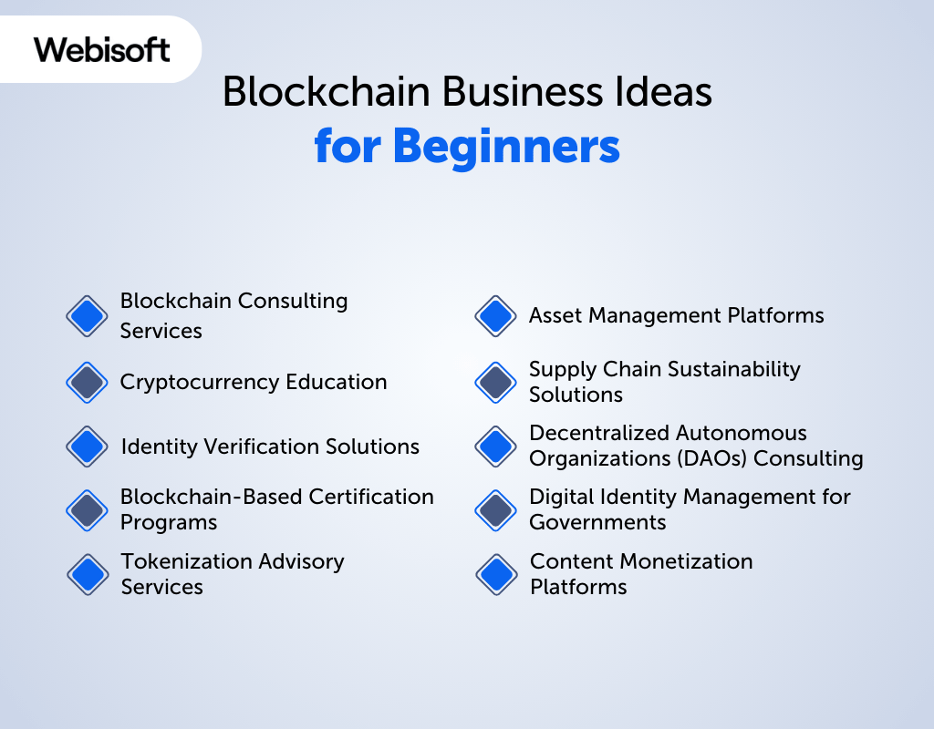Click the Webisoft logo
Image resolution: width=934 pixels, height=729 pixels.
click(x=101, y=49)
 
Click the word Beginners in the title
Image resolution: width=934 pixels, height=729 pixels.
click(x=507, y=146)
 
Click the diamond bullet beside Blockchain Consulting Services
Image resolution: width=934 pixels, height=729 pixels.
click(x=88, y=316)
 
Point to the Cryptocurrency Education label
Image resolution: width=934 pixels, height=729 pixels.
click(x=254, y=382)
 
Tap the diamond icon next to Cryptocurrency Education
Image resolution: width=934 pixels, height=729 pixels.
click(x=88, y=382)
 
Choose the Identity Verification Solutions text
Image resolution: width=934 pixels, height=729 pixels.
click(x=270, y=447)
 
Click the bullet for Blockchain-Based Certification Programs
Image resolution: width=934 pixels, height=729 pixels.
click(x=88, y=510)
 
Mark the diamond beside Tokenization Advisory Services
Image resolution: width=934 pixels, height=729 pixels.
click(x=88, y=574)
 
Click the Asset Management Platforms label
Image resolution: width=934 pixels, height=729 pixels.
click(x=676, y=316)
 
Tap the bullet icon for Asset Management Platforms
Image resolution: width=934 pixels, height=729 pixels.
click(x=496, y=316)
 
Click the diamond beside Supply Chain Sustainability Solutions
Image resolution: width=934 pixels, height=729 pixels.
click(x=496, y=382)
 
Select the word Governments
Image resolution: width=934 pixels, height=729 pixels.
click(x=597, y=523)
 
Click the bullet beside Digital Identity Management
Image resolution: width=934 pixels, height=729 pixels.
click(x=496, y=510)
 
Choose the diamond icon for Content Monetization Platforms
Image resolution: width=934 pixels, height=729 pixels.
click(x=496, y=574)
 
